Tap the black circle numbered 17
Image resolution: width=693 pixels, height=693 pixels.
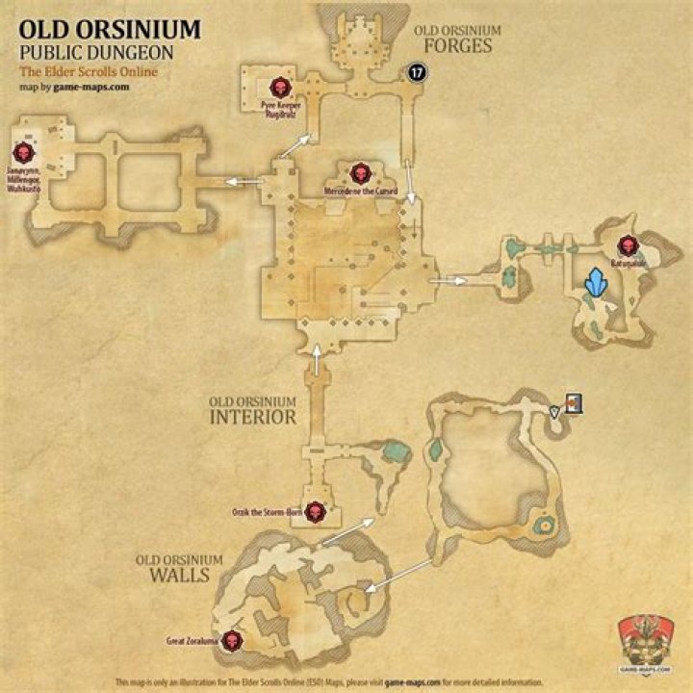[417, 72]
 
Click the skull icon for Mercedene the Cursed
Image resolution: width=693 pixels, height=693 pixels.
[361, 173]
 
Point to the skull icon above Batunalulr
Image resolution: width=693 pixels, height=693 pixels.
[628, 244]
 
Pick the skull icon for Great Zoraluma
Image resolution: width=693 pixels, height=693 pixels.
[232, 639]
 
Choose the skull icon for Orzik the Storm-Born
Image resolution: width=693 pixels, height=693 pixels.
[314, 511]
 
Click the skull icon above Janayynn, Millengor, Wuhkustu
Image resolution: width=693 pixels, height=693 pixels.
[23, 152]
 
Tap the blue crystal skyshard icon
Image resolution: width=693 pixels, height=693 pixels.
[599, 284]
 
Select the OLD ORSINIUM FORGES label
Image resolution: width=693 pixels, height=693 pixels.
[457, 38]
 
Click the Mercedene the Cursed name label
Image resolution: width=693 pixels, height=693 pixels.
[361, 191]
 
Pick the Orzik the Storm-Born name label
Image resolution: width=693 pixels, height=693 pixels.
[267, 511]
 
